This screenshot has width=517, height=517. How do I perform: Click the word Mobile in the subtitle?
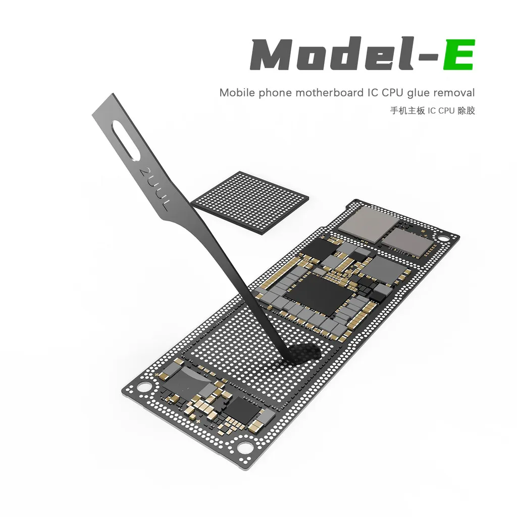pyautogui.click(x=237, y=93)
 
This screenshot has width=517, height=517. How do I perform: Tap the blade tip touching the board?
pyautogui.click(x=293, y=359)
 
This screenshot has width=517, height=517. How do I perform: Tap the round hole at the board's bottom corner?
pyautogui.click(x=245, y=446)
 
